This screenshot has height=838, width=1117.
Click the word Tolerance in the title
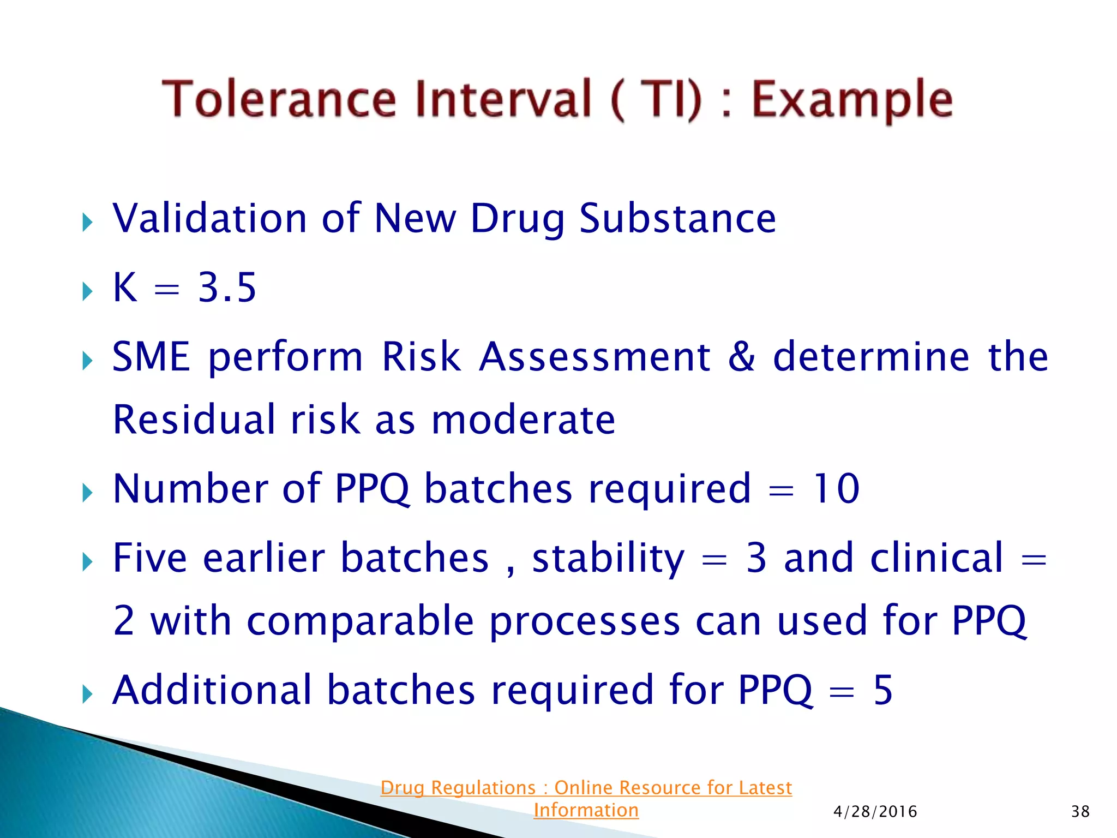coord(279,99)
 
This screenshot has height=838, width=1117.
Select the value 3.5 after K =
coord(226,288)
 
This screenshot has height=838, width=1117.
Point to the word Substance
coord(677,218)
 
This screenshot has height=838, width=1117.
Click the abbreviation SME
coord(151,357)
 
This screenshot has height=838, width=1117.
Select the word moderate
coord(523,420)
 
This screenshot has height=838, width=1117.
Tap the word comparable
coord(360,622)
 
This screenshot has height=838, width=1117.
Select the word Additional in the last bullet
coord(212,691)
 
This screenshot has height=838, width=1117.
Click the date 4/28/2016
coord(875,812)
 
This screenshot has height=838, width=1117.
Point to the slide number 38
coord(1080,812)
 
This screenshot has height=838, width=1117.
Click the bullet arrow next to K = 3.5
coord(87,291)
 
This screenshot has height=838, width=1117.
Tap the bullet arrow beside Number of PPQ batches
coord(87,493)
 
